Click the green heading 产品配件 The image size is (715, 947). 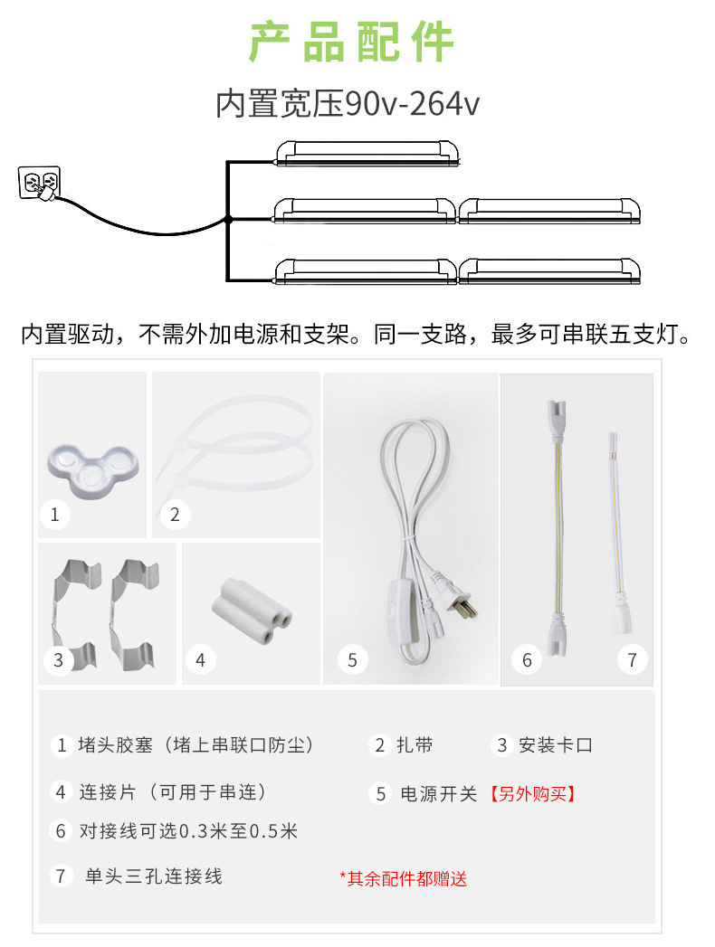pos(350,42)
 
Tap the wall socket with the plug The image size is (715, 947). pos(39,183)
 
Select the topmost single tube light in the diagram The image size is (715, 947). pos(367,154)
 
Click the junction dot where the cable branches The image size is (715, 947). pos(228,219)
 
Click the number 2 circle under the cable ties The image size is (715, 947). pos(175,515)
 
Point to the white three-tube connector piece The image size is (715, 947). pos(252,611)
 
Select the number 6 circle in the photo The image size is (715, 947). pos(527,660)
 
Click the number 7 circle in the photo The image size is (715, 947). pos(633,659)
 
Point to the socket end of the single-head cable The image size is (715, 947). pos(621,615)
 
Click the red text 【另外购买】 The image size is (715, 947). pos(532,793)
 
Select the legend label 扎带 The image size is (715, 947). pos(415,745)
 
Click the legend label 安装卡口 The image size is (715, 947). pos(556,745)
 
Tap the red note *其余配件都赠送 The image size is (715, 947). pos(404,879)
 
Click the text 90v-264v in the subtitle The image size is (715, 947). pos(412,104)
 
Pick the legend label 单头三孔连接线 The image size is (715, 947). pos(154,876)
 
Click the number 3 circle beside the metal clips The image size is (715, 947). pos(58,659)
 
